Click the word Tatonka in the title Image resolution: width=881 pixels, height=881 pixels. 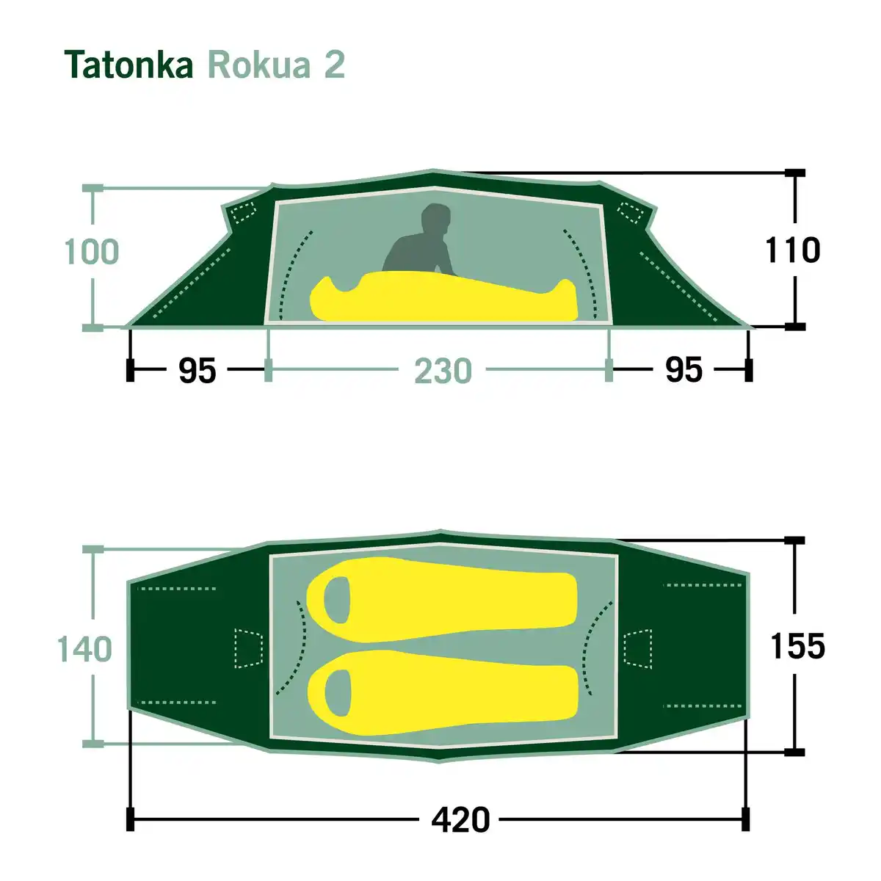129,65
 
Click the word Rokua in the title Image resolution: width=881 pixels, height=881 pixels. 259,65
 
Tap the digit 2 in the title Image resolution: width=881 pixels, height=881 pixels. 334,65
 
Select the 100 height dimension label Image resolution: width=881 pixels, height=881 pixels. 92,252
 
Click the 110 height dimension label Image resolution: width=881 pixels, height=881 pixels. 792,250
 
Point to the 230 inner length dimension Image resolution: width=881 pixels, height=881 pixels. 443,371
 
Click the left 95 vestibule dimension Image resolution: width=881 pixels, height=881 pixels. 197,370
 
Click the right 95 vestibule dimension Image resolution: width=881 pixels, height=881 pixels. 684,370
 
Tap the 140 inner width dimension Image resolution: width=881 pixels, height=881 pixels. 84,649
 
